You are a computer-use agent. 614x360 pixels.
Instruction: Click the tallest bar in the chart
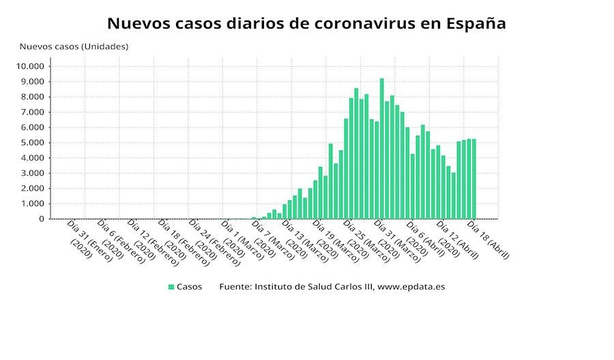381,149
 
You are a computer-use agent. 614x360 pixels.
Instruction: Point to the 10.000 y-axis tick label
29,66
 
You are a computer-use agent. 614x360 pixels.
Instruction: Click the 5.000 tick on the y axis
31,142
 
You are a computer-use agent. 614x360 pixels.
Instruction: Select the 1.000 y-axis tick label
31,204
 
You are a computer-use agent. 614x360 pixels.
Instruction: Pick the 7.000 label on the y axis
31,112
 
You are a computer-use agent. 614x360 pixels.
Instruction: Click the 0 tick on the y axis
42,219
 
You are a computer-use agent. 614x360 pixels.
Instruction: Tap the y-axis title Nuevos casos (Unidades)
74,46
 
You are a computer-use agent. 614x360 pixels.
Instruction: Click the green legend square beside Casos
171,287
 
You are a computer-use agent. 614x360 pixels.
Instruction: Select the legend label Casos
189,287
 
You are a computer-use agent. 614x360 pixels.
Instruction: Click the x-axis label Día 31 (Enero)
87,239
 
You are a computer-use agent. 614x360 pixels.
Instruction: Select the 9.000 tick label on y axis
31,81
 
